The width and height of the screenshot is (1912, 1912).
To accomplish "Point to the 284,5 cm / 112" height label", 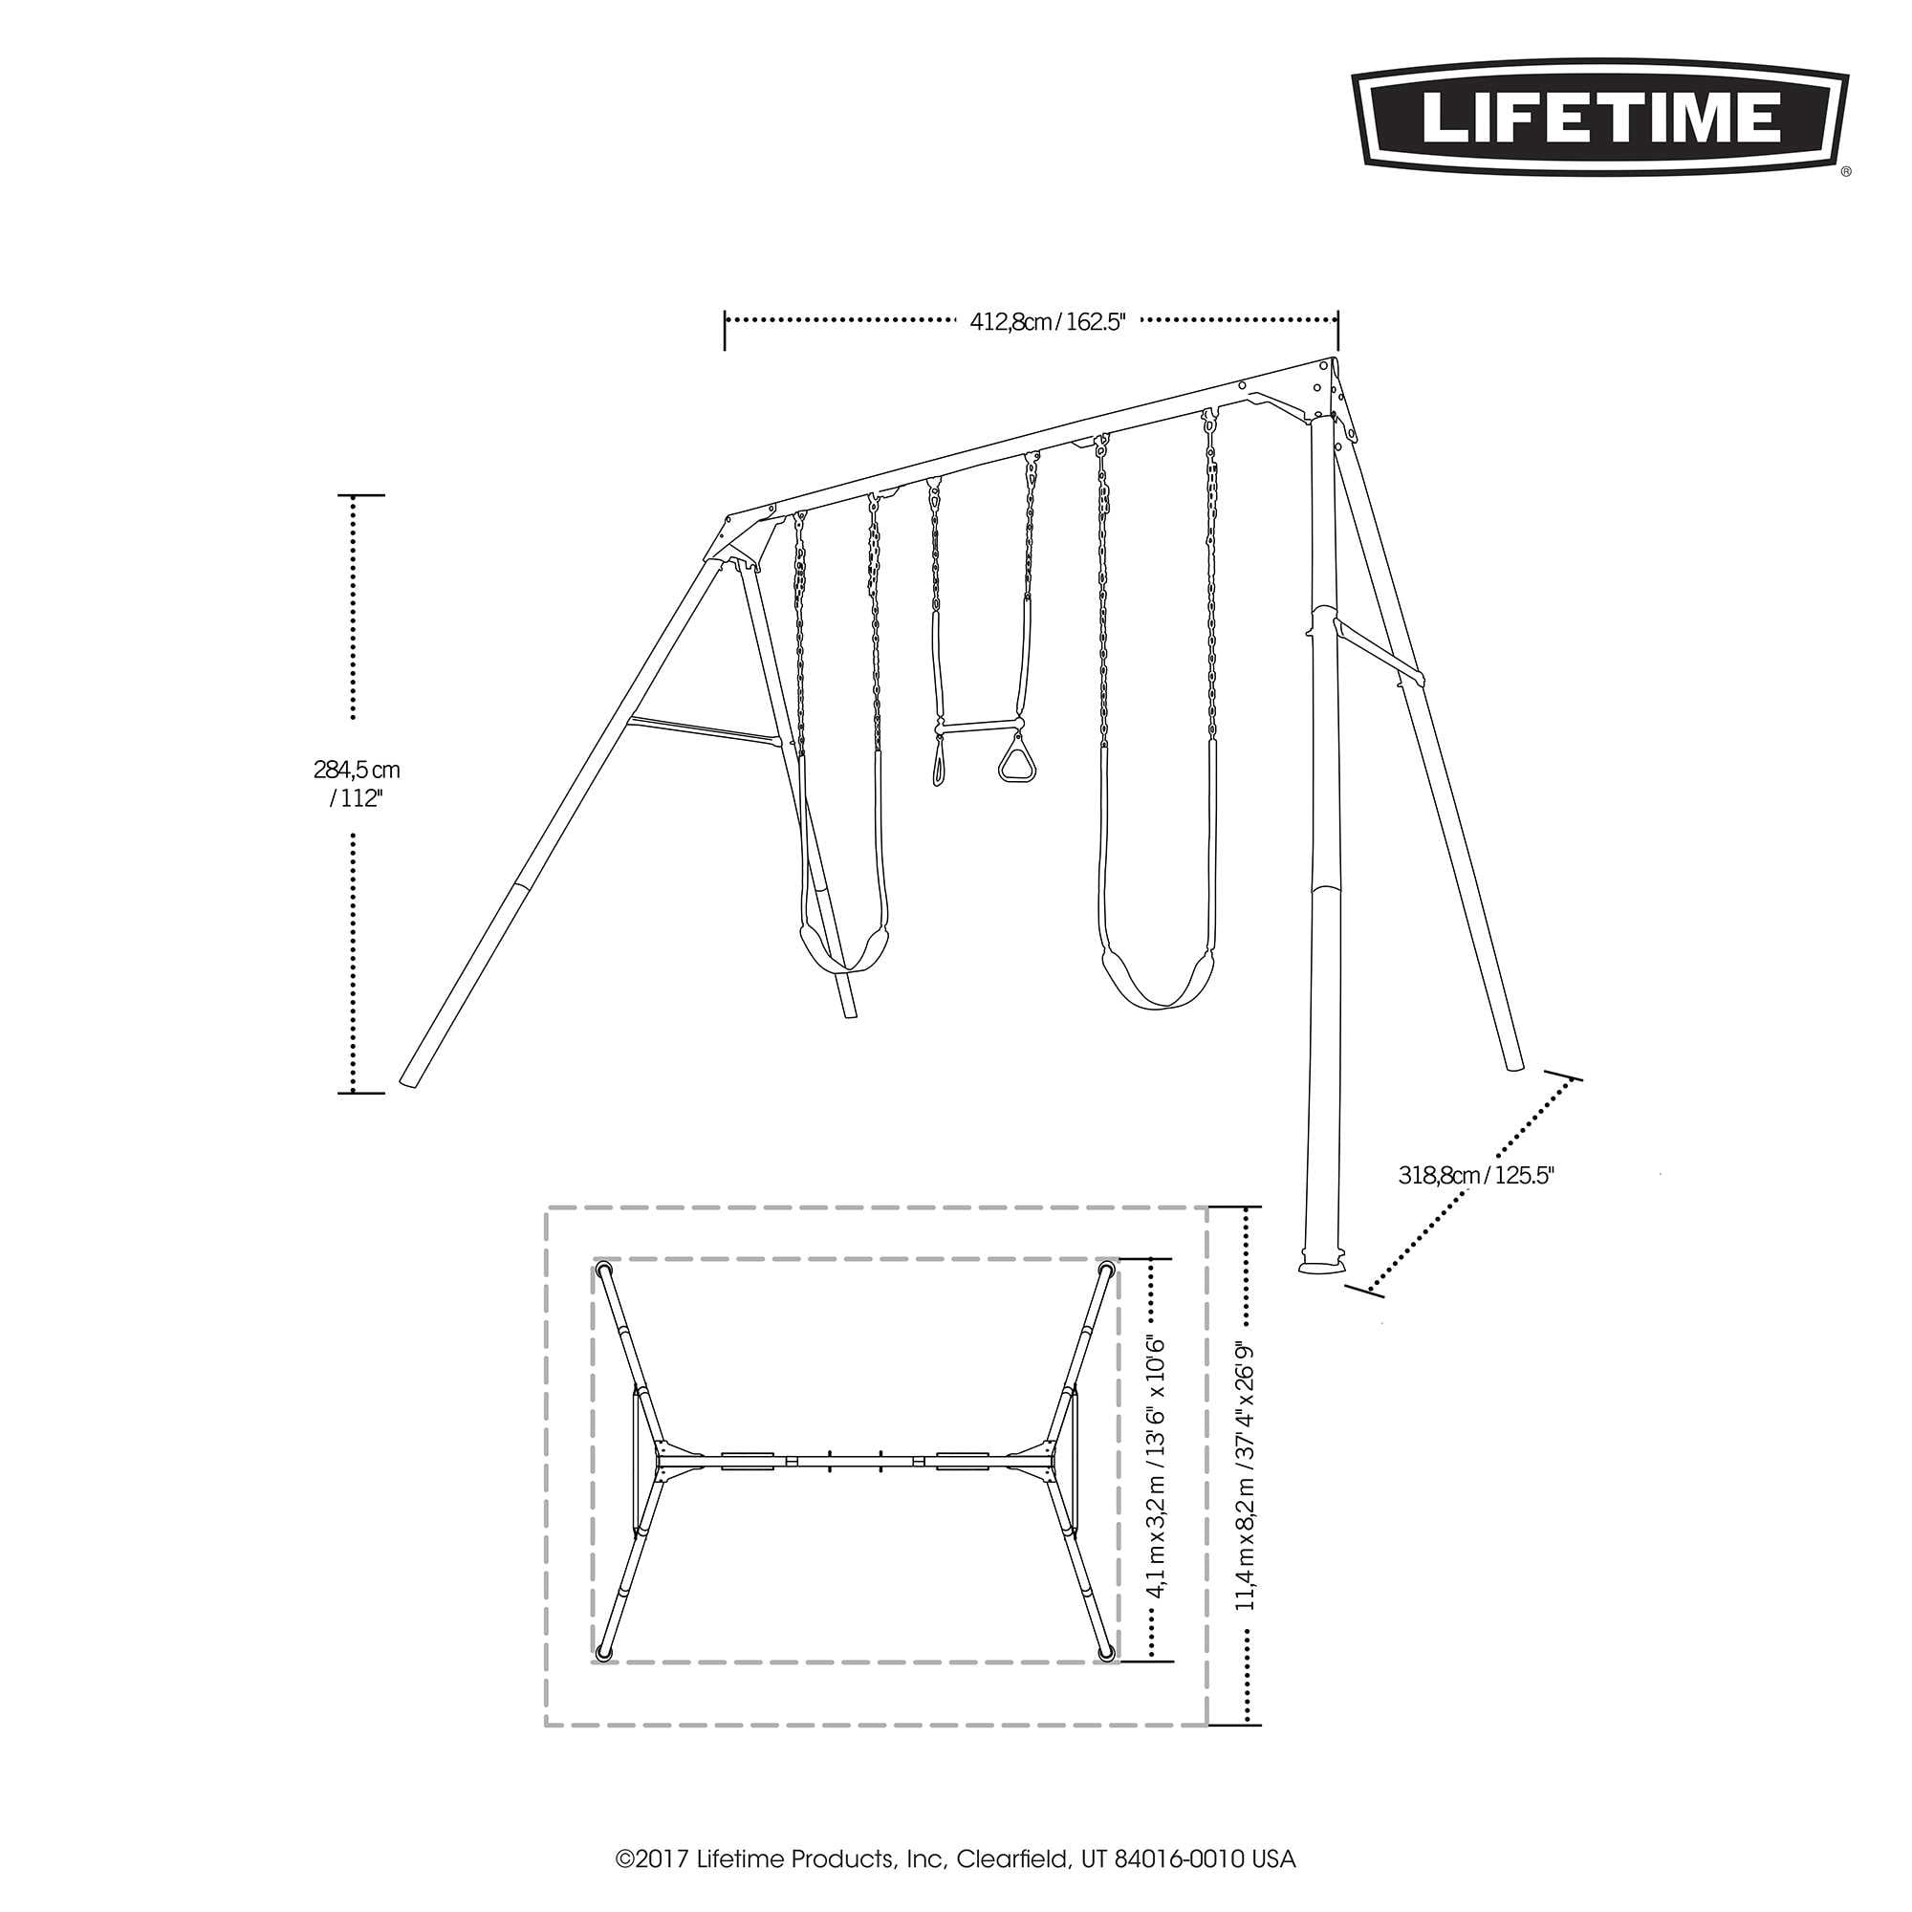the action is [x=357, y=784].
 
